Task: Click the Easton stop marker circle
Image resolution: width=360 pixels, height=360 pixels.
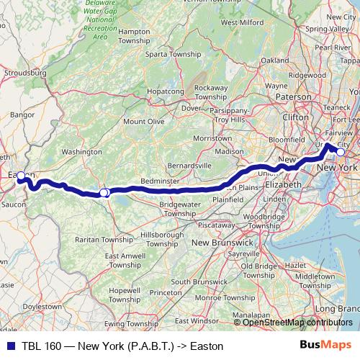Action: click(x=21, y=176)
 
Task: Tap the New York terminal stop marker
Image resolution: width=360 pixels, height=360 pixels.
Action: click(x=341, y=152)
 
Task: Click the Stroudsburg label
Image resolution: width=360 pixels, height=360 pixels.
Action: click(x=25, y=73)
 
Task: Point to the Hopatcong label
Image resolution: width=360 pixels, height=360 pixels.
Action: click(x=166, y=92)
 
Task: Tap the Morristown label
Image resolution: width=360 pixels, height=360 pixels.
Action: click(x=212, y=138)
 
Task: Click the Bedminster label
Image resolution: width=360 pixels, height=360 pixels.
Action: click(x=160, y=181)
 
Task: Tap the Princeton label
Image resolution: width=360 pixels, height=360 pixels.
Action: click(x=166, y=292)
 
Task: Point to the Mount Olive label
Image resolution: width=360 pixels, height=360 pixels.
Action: click(x=144, y=122)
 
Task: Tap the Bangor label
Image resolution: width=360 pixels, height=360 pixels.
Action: click(x=22, y=114)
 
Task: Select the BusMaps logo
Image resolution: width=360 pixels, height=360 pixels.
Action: click(x=326, y=346)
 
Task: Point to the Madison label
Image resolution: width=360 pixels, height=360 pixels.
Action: click(x=229, y=151)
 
